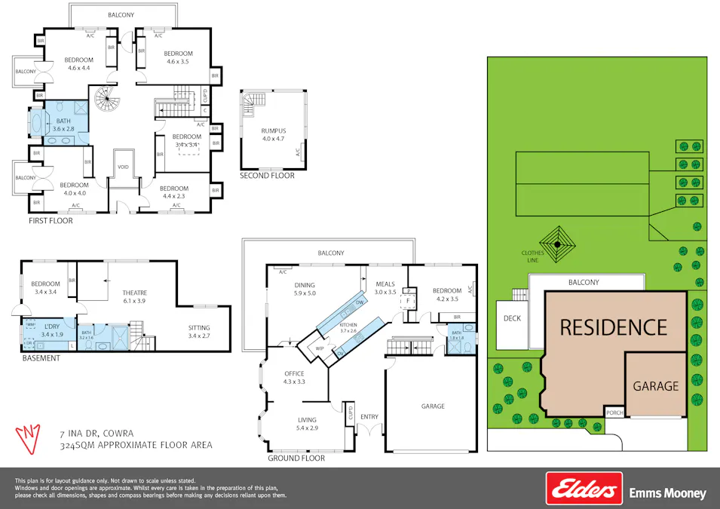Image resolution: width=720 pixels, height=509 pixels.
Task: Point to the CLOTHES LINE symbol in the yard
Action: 557,244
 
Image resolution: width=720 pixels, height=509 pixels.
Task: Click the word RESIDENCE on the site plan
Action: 613,327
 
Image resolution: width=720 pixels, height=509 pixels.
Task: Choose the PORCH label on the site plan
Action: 614,412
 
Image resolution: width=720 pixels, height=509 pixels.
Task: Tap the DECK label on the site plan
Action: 512,318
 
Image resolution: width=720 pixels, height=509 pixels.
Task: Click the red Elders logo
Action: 584,488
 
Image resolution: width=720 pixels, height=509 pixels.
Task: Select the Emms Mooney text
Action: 667,494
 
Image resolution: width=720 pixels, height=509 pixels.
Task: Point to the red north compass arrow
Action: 29,438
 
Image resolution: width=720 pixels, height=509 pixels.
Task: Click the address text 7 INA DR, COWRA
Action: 97,434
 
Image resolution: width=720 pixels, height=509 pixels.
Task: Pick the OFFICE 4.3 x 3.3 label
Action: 294,377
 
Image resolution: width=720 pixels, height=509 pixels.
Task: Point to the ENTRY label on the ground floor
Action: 369,416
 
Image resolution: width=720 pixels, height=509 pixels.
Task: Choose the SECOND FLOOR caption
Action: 267,176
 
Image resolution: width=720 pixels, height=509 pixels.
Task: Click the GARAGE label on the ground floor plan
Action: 433,406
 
